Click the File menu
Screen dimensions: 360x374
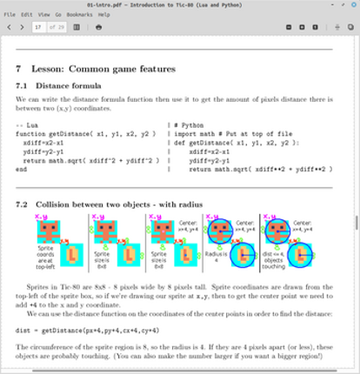9,15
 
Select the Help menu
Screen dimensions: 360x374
104,15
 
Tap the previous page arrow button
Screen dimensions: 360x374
10,27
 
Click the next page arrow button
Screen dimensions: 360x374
23,27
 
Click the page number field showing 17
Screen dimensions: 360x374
39,27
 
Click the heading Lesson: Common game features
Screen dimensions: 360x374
104,69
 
